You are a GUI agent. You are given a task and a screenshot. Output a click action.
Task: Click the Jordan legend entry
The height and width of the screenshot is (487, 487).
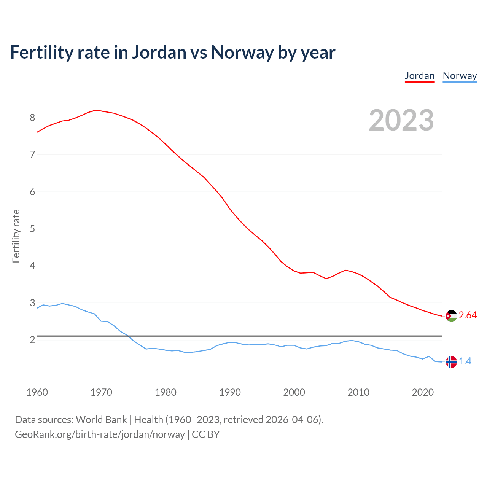420,76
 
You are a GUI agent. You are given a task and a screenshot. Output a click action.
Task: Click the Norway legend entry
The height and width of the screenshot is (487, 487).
460,76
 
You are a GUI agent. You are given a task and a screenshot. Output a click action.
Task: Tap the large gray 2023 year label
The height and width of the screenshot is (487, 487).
401,120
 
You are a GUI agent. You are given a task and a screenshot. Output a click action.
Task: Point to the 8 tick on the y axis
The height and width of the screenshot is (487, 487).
32,118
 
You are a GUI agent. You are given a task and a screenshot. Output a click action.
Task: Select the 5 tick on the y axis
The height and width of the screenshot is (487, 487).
32,229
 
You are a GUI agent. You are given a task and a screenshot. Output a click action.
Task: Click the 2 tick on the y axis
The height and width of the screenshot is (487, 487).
32,340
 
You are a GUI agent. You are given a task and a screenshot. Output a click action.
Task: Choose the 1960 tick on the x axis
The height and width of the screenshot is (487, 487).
37,392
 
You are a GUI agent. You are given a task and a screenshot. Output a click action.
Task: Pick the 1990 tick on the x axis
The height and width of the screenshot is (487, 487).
230,392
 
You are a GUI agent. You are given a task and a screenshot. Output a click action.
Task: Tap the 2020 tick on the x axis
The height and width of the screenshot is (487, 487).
423,392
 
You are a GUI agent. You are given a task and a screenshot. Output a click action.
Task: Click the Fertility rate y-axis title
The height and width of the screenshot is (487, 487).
16,236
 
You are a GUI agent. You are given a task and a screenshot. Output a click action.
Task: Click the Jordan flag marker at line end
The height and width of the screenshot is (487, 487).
451,316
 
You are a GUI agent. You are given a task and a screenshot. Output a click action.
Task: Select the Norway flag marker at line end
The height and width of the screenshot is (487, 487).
451,362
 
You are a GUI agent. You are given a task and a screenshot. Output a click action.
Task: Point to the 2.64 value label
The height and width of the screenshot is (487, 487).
468,315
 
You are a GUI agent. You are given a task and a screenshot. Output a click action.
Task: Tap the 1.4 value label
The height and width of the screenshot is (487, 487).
465,361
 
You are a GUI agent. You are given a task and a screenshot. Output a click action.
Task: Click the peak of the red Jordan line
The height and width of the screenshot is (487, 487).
95,110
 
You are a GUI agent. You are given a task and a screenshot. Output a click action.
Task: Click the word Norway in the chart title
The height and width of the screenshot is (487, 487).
242,53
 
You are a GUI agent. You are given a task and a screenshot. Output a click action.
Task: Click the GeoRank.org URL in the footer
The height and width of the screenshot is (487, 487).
100,434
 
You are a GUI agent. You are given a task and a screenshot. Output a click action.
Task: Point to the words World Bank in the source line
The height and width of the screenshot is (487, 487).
101,420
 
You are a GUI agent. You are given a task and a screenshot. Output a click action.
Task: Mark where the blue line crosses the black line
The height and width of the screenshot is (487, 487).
128,336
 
